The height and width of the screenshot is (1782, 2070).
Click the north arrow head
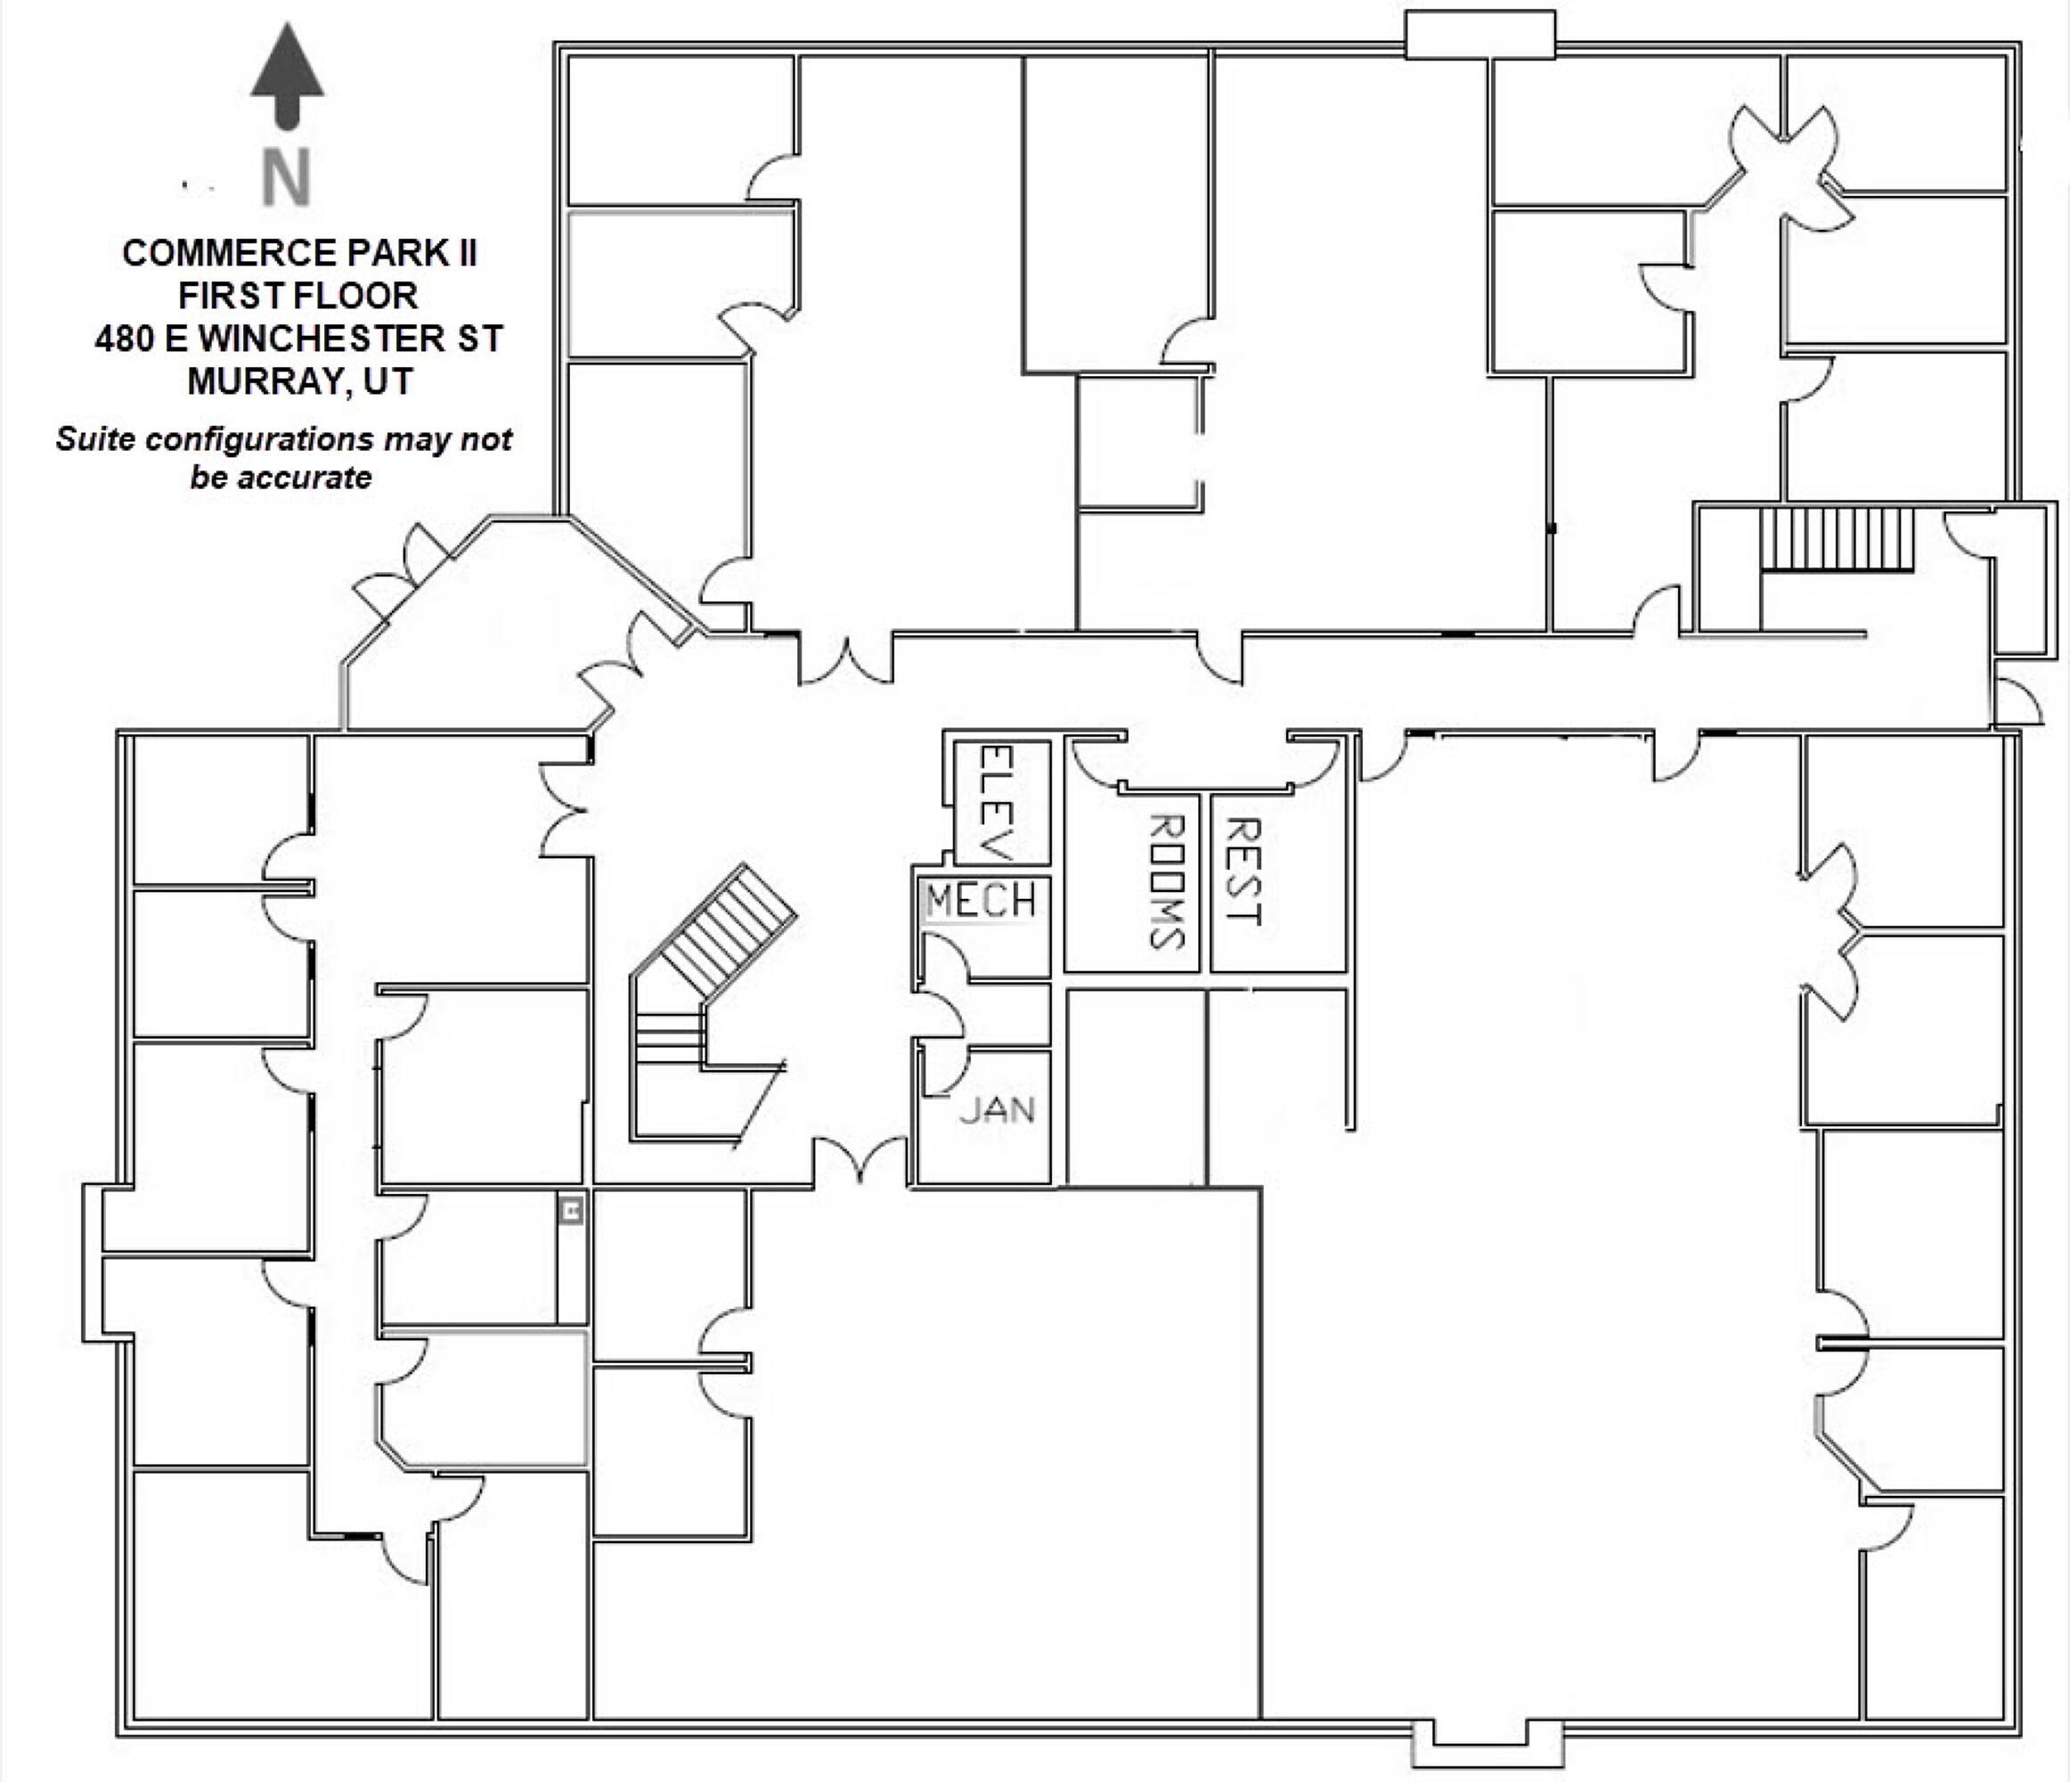pos(287,62)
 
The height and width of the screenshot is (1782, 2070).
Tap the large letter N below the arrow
pos(287,178)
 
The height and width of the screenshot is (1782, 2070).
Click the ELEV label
pos(1000,802)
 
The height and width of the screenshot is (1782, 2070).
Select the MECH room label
pos(981,902)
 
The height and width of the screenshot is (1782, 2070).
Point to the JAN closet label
pos(997,1109)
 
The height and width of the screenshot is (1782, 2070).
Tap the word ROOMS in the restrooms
pos(1167,880)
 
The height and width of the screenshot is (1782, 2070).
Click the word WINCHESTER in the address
pos(322,339)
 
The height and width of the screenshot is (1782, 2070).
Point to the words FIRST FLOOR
pos(297,296)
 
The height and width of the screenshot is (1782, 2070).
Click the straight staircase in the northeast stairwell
pos(1837,540)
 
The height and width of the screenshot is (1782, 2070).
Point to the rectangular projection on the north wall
pos(1479,35)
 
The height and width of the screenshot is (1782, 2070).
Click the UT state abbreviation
pos(387,381)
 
